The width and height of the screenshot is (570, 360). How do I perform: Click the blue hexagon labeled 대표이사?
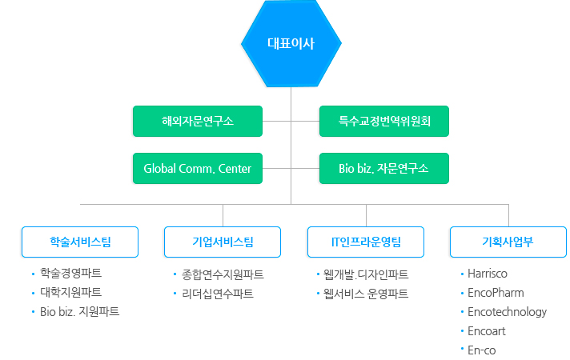(x=291, y=43)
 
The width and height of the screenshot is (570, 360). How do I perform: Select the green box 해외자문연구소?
(x=198, y=122)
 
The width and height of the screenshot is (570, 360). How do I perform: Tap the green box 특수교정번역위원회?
(x=384, y=122)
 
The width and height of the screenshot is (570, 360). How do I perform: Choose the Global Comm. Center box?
(x=198, y=169)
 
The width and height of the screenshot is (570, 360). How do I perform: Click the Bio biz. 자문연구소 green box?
(x=384, y=169)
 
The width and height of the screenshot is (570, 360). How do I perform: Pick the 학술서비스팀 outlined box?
(x=80, y=242)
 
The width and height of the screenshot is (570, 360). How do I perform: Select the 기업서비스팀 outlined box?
(x=223, y=242)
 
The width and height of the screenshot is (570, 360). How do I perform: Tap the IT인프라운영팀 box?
(x=366, y=242)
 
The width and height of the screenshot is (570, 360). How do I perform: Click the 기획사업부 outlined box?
(x=508, y=242)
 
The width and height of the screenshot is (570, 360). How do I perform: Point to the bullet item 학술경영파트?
(x=71, y=273)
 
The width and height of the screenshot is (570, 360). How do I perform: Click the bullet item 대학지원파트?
(x=71, y=293)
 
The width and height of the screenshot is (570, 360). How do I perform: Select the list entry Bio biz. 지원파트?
(x=79, y=312)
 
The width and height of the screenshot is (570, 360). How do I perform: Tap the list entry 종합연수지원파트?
(x=223, y=274)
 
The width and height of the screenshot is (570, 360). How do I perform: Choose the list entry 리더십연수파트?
(x=218, y=294)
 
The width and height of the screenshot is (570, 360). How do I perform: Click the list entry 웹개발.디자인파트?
(x=366, y=274)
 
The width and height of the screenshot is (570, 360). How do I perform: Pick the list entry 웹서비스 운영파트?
(x=366, y=294)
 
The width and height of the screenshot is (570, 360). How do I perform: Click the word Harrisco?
(x=488, y=274)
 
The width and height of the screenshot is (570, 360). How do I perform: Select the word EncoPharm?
(x=496, y=293)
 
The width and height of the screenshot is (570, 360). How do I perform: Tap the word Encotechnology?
(x=507, y=312)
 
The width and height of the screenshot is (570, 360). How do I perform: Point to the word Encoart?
(x=487, y=331)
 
